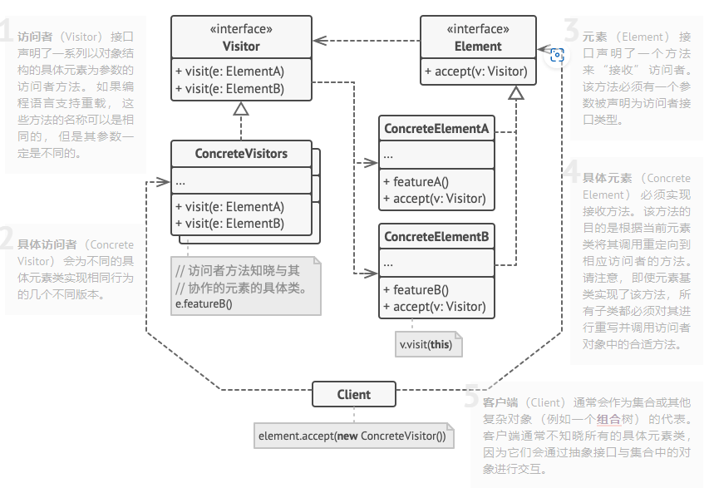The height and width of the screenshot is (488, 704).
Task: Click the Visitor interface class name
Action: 241,47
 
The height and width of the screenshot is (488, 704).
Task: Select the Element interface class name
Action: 478,47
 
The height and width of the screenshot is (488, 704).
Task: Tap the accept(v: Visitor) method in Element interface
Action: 475,71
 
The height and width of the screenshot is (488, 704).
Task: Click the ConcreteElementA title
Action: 436,130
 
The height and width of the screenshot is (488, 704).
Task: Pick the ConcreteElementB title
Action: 436,238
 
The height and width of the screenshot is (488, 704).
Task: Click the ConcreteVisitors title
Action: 241,154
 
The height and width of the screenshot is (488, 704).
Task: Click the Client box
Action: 354,394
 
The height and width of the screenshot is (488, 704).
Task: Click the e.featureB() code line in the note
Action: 204,304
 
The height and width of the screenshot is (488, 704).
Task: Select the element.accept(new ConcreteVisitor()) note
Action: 352,436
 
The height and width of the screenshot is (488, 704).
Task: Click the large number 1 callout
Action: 7,33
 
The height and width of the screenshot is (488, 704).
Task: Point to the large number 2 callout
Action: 7,241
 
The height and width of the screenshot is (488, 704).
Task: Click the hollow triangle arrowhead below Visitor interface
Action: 241,108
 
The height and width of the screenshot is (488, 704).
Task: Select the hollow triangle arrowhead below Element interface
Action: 516,92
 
